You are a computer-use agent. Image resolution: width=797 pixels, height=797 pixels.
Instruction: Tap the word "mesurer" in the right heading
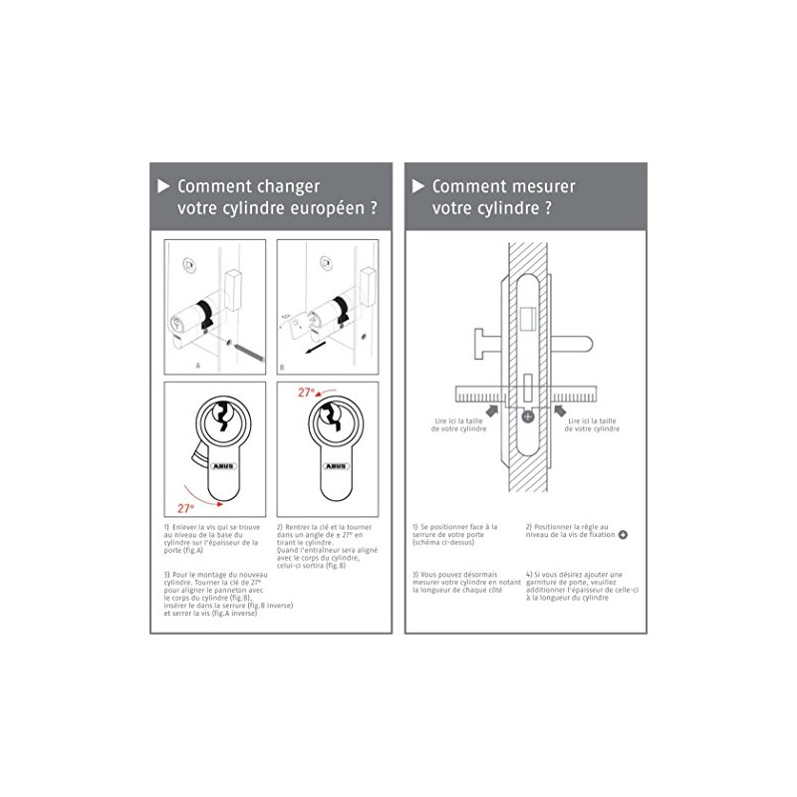pos(536,185)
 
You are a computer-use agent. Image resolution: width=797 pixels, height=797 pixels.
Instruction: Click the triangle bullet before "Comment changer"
pos(163,185)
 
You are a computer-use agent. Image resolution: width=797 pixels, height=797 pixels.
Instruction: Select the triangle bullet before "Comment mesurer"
pos(418,185)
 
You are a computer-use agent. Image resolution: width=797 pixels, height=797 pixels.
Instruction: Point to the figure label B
pos(282,366)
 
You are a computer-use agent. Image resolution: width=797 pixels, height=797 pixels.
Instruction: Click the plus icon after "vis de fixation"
pos(624,535)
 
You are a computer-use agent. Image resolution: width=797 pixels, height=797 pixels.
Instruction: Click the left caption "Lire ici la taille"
pos(454,421)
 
